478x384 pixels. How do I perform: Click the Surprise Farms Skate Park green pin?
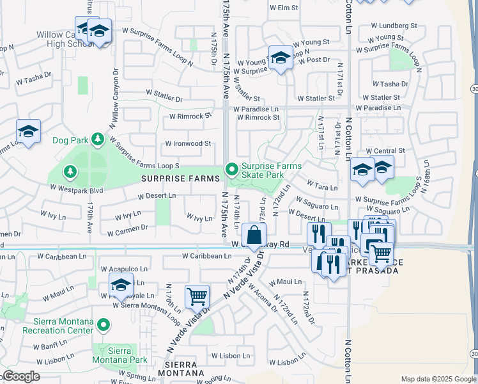[231, 170]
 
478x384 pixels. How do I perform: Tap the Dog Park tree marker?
[96, 138]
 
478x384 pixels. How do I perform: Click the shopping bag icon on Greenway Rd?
[254, 235]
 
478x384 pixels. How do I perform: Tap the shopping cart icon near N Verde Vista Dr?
[197, 296]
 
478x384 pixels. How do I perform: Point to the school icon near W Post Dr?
[280, 58]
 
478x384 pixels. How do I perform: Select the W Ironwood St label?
[188, 144]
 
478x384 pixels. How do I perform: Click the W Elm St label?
[284, 8]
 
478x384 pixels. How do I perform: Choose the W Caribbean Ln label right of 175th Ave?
[206, 256]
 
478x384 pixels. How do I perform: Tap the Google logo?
[22, 376]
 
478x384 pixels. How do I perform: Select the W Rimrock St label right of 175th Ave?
[258, 118]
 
